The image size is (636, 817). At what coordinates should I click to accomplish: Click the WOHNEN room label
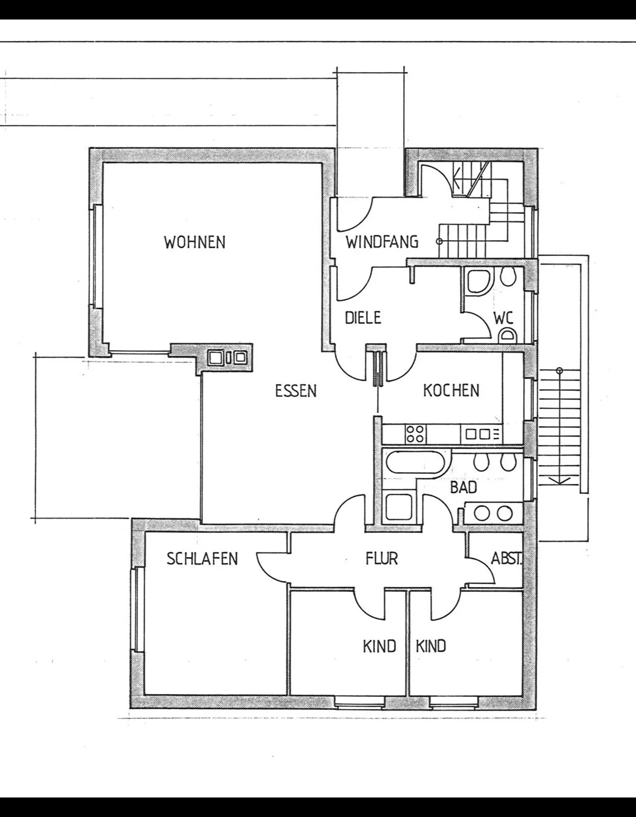[x=194, y=242]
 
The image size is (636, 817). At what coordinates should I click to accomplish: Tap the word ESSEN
[x=296, y=391]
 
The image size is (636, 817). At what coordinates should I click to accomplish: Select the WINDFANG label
[x=382, y=242]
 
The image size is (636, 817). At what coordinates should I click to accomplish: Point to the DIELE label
[x=363, y=318]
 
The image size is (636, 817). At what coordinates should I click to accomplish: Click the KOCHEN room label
[x=451, y=390]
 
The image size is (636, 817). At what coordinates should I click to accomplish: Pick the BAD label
[x=463, y=487]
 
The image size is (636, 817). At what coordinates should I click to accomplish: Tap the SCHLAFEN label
[x=202, y=559]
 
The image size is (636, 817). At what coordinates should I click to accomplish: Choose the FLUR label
[x=382, y=558]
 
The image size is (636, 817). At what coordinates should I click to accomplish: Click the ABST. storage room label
[x=506, y=558]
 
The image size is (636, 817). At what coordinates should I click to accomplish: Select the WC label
[x=503, y=318]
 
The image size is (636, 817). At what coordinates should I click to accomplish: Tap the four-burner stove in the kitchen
[x=415, y=433]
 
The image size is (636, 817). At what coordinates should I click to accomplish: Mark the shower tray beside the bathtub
[x=398, y=507]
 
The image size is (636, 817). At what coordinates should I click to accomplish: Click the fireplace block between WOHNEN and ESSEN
[x=226, y=358]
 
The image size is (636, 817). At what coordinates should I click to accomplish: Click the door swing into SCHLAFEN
[x=272, y=567]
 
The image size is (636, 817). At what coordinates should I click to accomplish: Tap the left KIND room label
[x=379, y=646]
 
